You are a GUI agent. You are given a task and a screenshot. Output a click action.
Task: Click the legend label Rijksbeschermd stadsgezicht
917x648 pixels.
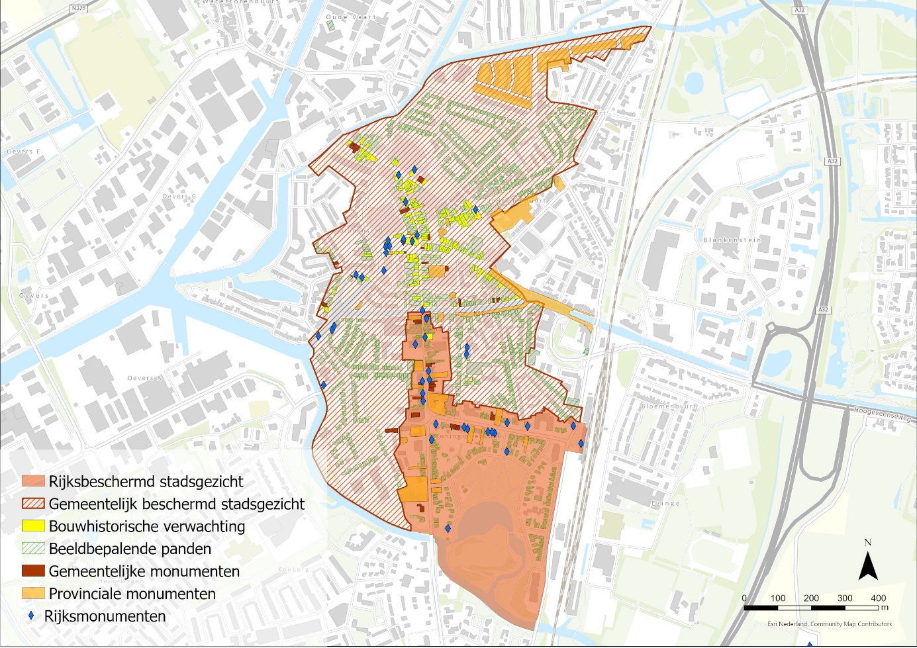pos(146,481)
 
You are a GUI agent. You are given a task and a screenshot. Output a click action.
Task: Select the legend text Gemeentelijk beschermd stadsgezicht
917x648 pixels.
pos(176,504)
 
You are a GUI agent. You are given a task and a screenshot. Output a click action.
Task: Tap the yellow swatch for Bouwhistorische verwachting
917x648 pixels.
pos(33,526)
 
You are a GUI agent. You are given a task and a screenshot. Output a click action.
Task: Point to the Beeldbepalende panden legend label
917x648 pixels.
pos(130,549)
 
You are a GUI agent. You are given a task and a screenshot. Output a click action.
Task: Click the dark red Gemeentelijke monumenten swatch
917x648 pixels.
pos(33,571)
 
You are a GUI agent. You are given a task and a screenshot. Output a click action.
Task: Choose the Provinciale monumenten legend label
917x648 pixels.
pos(132,594)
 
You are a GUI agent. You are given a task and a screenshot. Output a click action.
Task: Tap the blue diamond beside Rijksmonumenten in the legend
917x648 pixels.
pos(31,616)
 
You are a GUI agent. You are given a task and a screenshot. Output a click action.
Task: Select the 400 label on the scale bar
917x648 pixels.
pos(878,598)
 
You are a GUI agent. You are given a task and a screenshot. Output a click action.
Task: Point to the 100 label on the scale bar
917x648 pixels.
pos(777,598)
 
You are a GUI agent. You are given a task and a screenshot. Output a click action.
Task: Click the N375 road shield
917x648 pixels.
pos(78,9)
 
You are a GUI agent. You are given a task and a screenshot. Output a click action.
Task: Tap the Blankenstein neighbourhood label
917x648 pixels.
pos(732,240)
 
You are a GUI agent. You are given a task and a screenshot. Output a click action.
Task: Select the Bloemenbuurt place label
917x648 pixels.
pos(669,406)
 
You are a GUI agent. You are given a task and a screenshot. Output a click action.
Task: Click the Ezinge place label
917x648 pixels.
pos(665,503)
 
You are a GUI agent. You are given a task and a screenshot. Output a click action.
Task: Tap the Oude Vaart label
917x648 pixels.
pos(350,17)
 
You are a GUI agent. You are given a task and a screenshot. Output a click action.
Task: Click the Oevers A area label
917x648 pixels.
pos(144,378)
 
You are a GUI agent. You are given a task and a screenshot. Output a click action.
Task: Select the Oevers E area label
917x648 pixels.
pos(23,152)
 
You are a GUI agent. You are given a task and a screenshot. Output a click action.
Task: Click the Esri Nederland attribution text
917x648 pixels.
pos(829,624)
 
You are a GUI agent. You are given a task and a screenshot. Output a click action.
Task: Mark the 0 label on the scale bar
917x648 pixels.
pos(744,598)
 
